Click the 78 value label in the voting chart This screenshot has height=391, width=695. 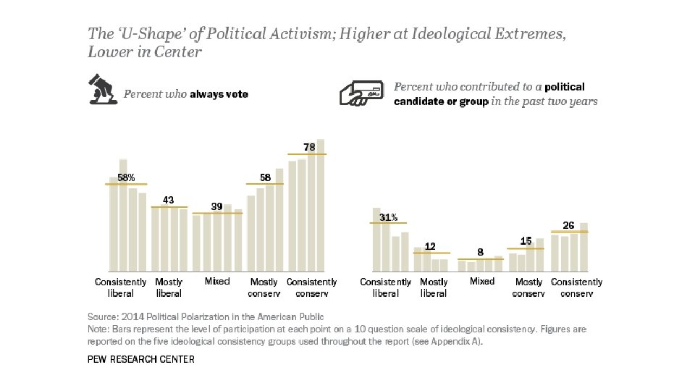point(309,147)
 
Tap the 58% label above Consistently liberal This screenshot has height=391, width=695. point(127,177)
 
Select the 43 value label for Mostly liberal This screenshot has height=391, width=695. point(168,200)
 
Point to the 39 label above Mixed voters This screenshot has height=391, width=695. point(216,206)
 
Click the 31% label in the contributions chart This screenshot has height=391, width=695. point(389,216)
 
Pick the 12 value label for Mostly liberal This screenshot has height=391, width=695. point(430,246)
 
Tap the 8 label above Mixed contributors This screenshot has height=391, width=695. point(480,253)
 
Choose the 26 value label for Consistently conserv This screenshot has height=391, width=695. point(569,226)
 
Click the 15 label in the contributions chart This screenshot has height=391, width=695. point(526,240)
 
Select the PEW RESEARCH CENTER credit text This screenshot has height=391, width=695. point(140,359)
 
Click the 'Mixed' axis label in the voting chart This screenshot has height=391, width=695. point(216,281)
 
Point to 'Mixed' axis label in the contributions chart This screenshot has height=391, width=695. point(481,281)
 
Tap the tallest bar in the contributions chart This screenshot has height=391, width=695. point(376,239)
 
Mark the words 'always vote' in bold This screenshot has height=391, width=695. point(219,94)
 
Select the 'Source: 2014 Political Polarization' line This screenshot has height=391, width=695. point(205,316)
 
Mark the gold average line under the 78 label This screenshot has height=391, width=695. point(307,154)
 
